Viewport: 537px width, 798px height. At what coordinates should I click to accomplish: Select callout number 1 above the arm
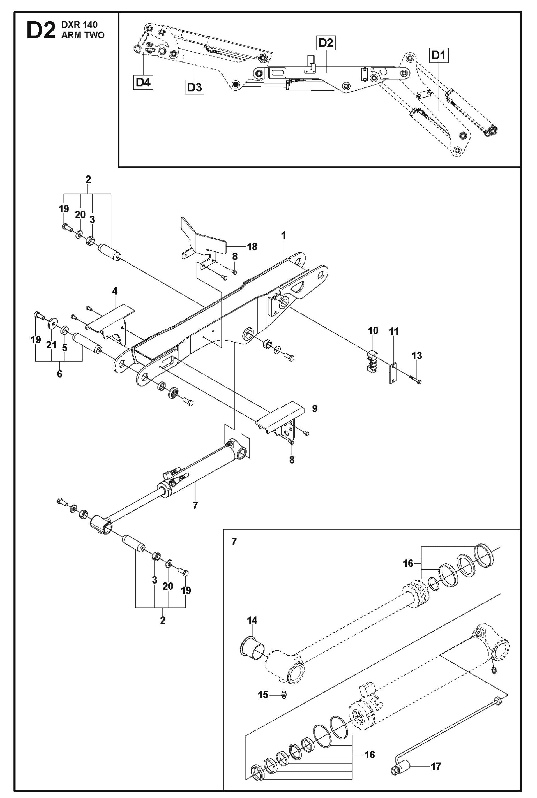tap(283, 235)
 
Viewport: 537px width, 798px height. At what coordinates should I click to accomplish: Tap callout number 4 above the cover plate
tap(115, 291)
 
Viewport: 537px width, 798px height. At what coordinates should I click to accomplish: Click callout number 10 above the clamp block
tap(373, 330)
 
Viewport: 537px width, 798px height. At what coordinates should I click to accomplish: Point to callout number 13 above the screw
tap(417, 355)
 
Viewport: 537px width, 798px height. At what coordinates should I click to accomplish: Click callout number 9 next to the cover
tap(314, 408)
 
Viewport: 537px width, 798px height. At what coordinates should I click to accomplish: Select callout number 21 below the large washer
tap(51, 345)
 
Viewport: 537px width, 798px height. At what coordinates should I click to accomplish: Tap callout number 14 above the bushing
tap(252, 620)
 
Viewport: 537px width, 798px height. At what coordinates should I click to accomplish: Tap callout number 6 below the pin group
tap(60, 374)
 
